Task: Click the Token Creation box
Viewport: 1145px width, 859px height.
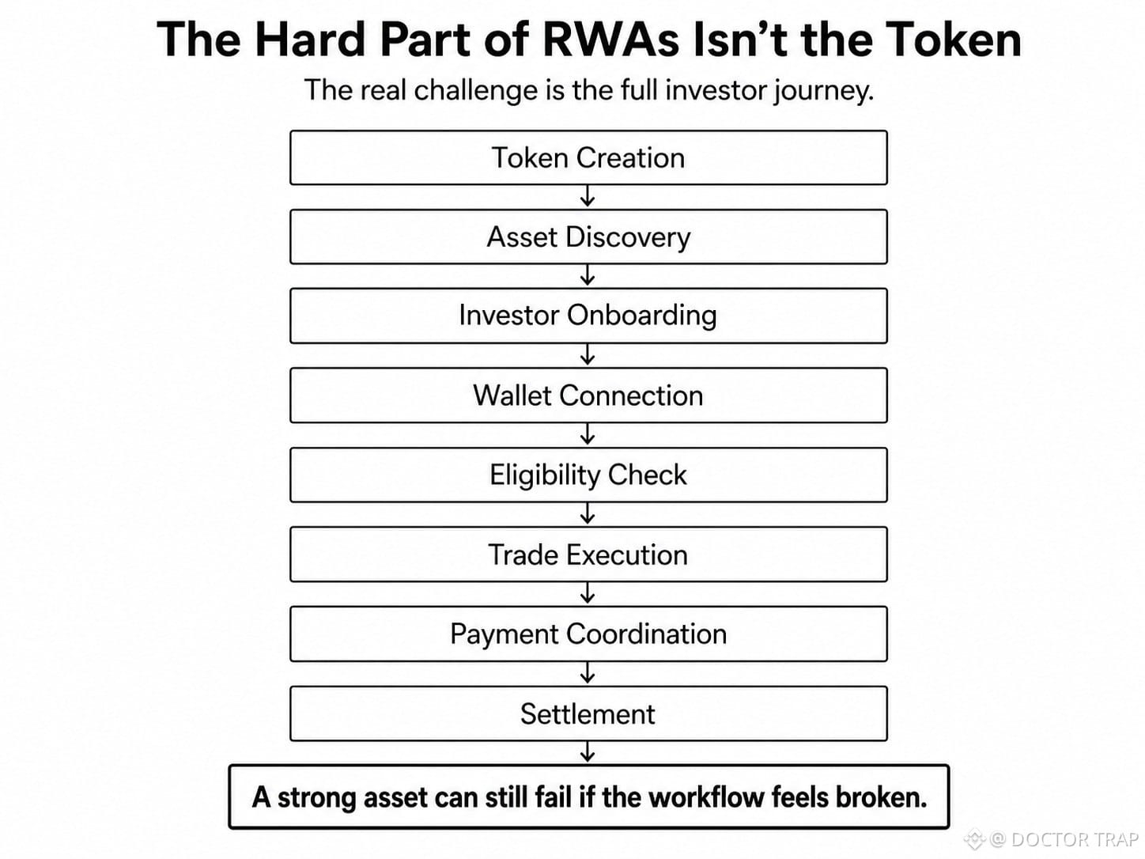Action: [x=588, y=157]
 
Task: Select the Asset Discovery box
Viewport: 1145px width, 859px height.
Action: [x=588, y=237]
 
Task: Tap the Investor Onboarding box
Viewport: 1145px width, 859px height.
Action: [x=588, y=316]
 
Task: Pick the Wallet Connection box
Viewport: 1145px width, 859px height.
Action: [x=588, y=395]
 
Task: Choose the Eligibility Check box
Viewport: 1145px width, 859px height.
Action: [x=588, y=475]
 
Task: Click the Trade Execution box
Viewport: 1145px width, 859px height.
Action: [x=588, y=554]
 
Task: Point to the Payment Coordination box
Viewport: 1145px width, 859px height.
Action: [x=588, y=634]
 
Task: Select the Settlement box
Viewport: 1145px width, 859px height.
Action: [x=588, y=713]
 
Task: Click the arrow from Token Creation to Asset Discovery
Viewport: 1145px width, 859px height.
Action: [x=588, y=196]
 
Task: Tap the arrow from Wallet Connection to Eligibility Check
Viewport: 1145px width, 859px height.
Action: [x=588, y=434]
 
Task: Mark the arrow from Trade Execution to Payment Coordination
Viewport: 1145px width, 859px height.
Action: [x=588, y=593]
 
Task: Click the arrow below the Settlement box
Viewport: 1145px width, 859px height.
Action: [x=588, y=751]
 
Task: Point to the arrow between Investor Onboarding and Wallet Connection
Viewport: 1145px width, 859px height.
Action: [x=588, y=354]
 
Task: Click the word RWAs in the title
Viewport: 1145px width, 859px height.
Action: [x=610, y=40]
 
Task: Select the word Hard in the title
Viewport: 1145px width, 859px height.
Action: [x=310, y=40]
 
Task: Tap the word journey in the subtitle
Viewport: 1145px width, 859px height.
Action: [x=823, y=91]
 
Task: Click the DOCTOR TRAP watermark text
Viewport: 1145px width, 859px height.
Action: [x=1074, y=839]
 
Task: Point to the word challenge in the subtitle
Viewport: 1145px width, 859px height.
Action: [x=476, y=91]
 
